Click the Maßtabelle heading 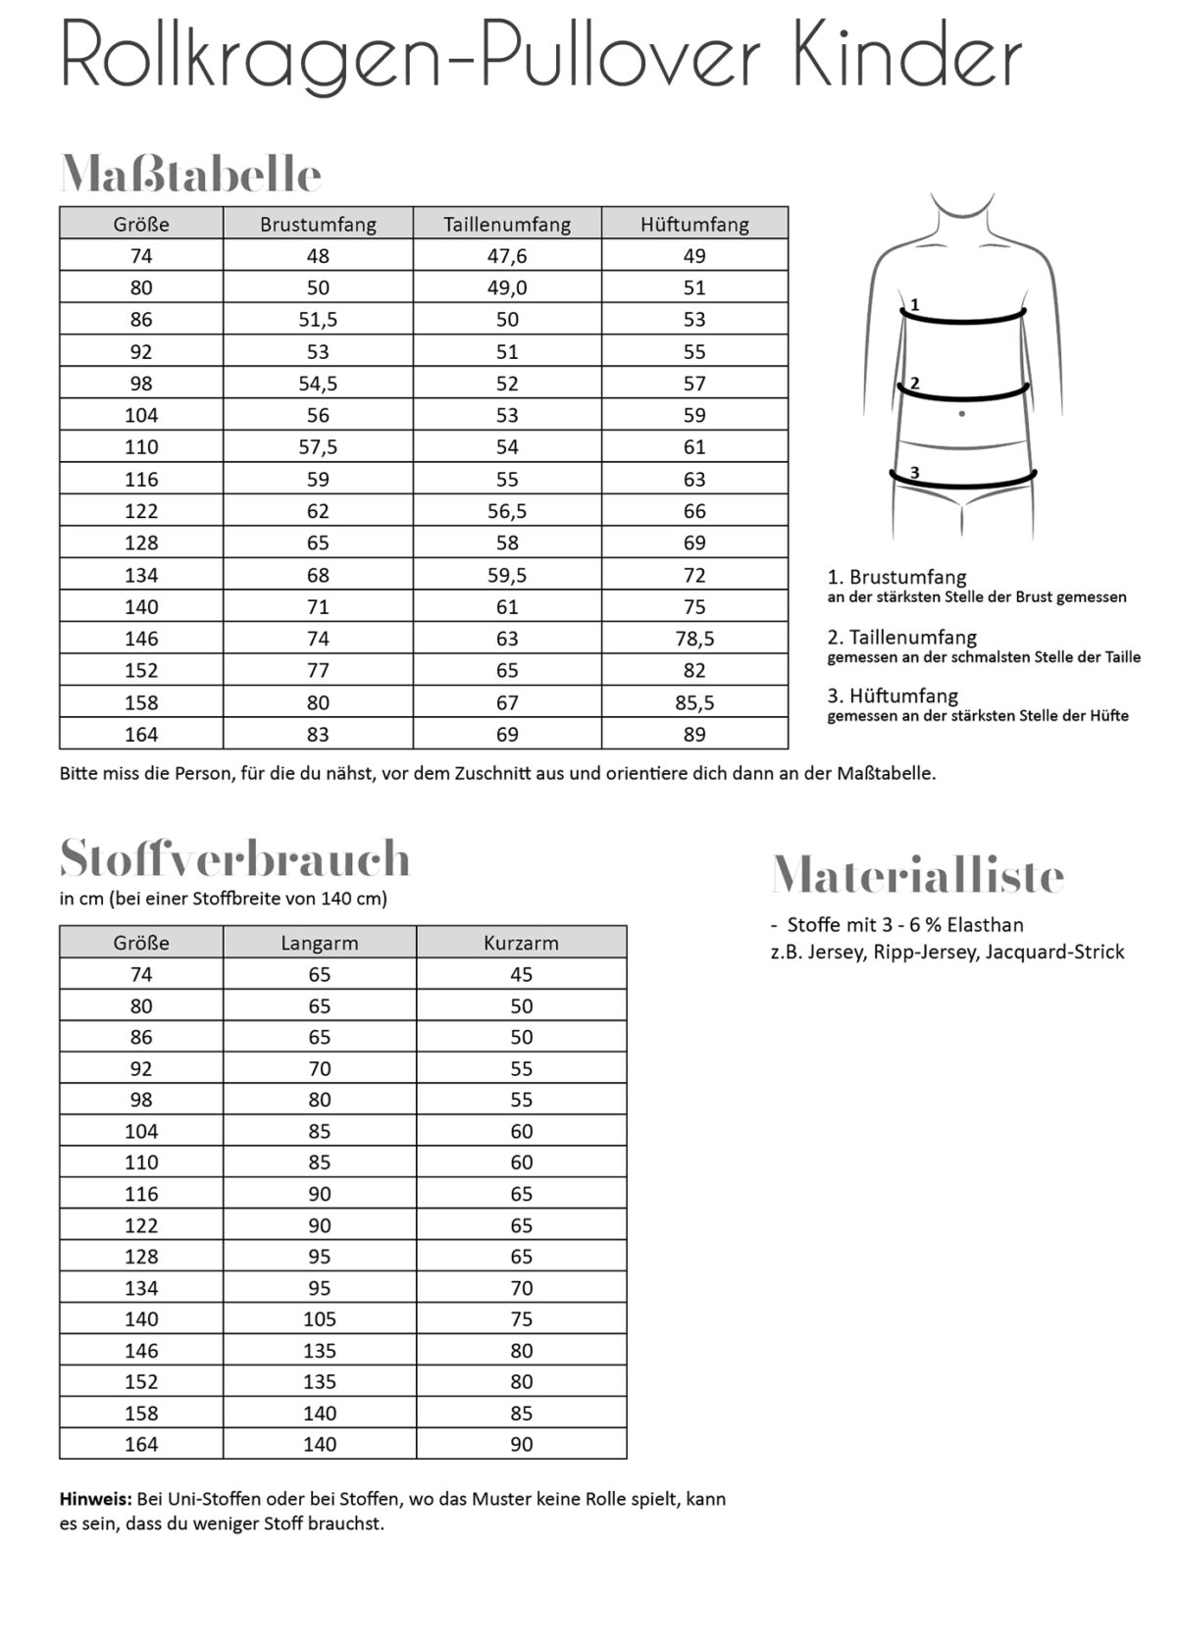tap(190, 175)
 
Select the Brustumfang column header tap(318, 224)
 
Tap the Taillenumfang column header tap(507, 224)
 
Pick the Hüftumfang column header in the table tap(694, 224)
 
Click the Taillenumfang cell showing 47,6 tap(507, 256)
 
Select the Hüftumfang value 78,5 tap(694, 639)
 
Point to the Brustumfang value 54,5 tap(318, 384)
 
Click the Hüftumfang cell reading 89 tap(694, 734)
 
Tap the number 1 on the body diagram tap(915, 305)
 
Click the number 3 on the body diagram tap(915, 473)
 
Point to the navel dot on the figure tap(961, 414)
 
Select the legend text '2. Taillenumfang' tap(902, 637)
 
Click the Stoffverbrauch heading tap(234, 858)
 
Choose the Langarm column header tap(320, 943)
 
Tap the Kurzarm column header tap(521, 943)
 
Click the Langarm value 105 tap(320, 1319)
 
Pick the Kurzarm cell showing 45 tap(521, 974)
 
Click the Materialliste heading tap(917, 874)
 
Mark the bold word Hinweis tap(94, 1499)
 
